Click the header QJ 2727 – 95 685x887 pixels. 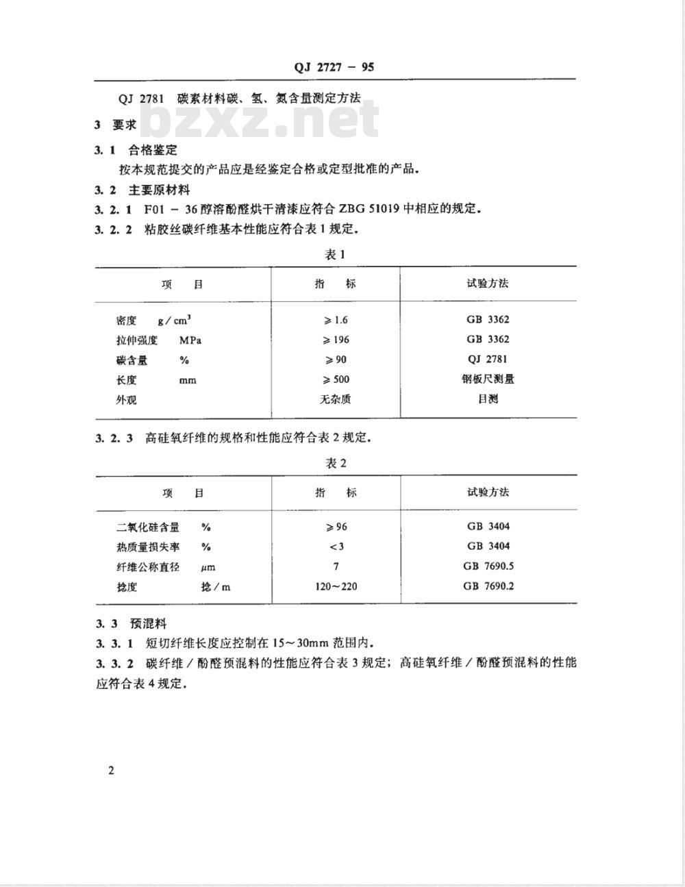coord(334,67)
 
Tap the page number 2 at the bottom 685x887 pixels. coord(111,771)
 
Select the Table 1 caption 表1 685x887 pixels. coord(335,255)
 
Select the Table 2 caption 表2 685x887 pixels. coord(336,464)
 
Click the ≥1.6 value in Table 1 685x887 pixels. coord(336,320)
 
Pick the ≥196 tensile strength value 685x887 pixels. coord(336,340)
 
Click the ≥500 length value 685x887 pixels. coord(336,379)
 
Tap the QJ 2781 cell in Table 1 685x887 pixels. coord(488,359)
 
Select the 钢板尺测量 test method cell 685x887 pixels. coord(488,379)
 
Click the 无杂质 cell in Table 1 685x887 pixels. coord(336,399)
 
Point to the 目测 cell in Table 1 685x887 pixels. coord(488,399)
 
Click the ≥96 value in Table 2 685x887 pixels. coord(336,527)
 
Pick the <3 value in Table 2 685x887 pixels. coord(336,547)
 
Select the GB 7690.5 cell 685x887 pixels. coord(488,566)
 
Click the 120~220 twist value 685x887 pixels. coord(336,586)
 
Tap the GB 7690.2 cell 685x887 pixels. coord(488,586)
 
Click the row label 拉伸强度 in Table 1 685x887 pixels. coord(137,340)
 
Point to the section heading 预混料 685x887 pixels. coord(148,623)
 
